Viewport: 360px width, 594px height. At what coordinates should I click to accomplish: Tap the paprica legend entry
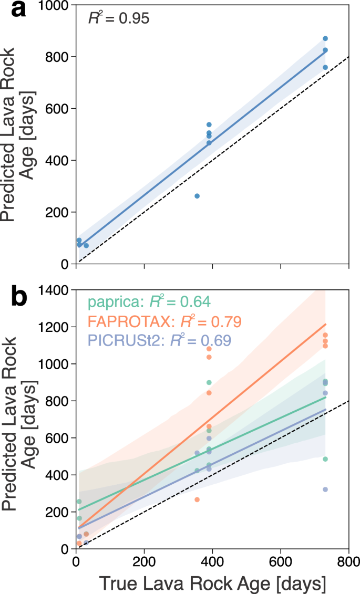(149, 302)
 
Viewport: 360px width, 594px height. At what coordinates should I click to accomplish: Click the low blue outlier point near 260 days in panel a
(197, 196)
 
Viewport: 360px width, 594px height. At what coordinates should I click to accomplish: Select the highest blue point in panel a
(325, 38)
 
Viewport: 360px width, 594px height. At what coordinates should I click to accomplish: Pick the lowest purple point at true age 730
(325, 489)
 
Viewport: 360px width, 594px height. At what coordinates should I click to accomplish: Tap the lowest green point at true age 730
(325, 459)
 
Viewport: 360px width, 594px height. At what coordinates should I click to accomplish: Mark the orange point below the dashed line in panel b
(197, 499)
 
